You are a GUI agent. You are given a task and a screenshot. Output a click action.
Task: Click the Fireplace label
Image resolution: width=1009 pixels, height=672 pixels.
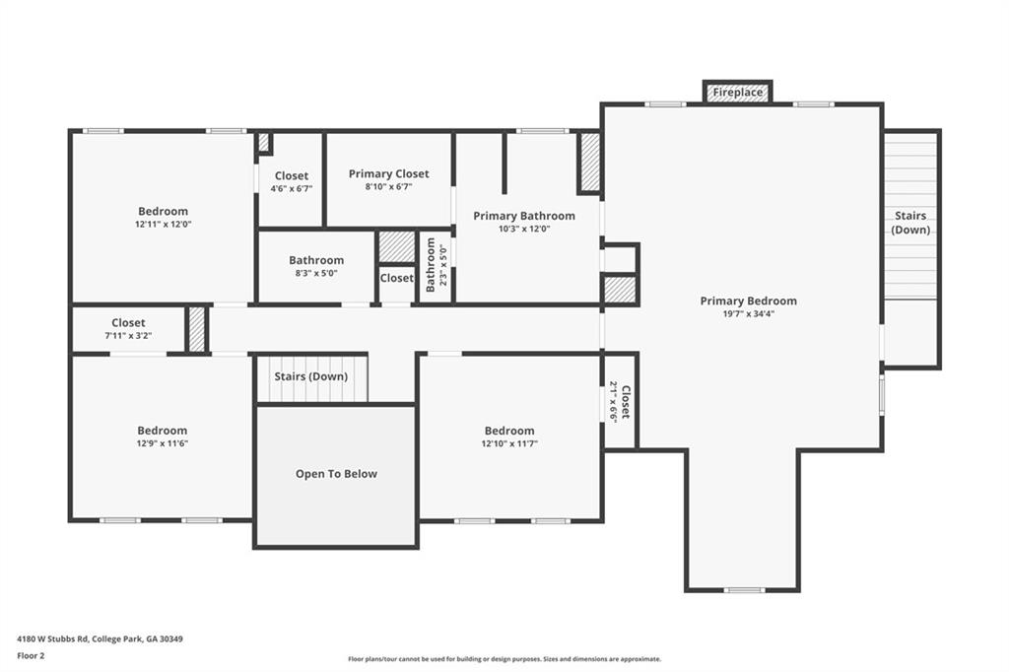738,93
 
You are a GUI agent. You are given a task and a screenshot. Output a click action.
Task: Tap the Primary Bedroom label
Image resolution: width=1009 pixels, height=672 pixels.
748,302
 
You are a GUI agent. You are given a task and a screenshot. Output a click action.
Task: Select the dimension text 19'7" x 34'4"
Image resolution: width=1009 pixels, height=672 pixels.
748,314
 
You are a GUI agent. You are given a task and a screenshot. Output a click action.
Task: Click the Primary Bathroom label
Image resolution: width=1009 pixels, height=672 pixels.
523,216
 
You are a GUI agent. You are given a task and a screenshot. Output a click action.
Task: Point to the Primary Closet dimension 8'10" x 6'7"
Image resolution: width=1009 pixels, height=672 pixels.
388,186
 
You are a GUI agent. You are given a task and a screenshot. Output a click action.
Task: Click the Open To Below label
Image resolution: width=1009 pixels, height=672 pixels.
336,474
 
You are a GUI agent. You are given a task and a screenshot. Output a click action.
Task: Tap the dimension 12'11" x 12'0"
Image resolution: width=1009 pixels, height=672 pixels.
163,224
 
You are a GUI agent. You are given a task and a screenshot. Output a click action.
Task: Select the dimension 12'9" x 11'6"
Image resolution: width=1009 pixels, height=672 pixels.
163,443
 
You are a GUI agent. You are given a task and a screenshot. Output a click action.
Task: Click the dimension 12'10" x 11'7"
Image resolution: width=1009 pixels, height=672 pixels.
508,443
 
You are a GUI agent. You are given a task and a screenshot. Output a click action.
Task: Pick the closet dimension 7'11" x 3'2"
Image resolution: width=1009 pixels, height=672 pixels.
128,335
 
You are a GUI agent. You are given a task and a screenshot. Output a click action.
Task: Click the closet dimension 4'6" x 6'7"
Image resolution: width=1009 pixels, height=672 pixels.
291,188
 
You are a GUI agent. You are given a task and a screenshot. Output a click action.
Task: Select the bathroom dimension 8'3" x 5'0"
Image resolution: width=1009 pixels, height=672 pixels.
315,273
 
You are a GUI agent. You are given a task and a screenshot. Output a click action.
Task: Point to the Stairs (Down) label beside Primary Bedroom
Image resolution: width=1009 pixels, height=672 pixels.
911,223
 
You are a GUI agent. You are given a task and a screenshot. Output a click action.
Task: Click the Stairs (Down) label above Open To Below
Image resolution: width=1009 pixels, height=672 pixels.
311,376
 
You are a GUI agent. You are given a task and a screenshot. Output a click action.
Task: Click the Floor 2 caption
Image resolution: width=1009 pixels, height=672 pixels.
31,655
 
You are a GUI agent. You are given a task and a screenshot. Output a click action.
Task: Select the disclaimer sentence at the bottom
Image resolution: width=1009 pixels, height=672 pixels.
504,659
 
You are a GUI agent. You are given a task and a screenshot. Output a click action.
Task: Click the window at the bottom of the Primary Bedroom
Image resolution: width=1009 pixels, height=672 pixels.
743,590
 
